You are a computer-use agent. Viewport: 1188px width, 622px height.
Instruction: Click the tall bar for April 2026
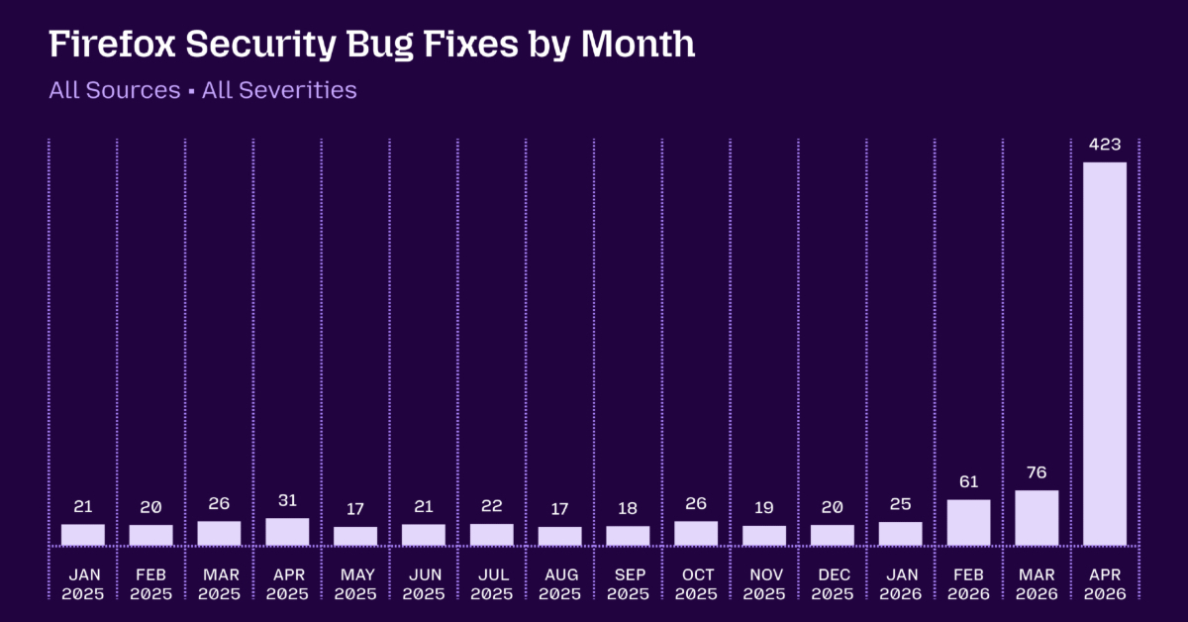[x=1105, y=354]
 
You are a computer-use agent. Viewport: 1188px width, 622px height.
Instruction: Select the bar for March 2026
[x=1037, y=517]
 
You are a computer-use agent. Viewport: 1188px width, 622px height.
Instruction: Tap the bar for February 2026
[x=968, y=522]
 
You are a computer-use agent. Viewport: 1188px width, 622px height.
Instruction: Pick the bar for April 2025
[x=287, y=531]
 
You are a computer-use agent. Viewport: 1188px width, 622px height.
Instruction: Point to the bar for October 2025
[x=696, y=533]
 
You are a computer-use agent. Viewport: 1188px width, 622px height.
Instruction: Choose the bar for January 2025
[x=83, y=535]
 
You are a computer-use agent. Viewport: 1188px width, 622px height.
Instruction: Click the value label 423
[x=1105, y=145]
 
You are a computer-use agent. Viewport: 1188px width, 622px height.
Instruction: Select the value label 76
[x=1037, y=472]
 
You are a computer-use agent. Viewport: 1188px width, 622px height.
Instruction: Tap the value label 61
[x=969, y=481]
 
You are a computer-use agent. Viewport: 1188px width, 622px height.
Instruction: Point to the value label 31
[x=287, y=500]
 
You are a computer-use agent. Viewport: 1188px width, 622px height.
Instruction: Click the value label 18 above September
[x=628, y=508]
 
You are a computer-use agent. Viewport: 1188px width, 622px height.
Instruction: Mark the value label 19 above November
[x=764, y=507]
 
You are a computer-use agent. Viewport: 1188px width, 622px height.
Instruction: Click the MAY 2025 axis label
[x=355, y=584]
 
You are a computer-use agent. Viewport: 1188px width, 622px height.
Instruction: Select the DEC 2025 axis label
[x=833, y=584]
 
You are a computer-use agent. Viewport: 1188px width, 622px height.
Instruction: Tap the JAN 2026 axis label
[x=901, y=584]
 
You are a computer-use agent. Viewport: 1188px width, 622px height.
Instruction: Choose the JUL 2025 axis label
[x=492, y=584]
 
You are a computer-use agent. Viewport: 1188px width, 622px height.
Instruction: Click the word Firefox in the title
[x=113, y=44]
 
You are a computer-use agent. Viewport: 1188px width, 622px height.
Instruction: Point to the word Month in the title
[x=638, y=44]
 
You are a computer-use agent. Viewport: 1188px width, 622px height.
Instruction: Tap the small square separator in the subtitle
[x=191, y=92]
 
